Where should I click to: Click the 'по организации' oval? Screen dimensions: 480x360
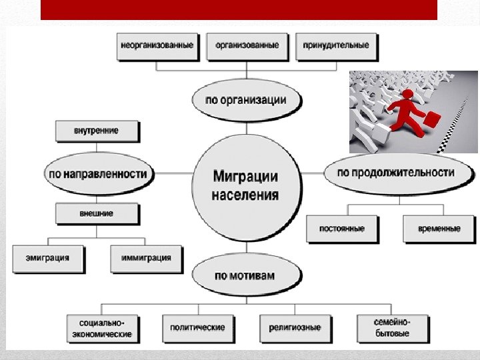[246, 101]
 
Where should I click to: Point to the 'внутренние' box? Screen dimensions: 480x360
[97, 131]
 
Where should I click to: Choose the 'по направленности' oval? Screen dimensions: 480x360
[97, 173]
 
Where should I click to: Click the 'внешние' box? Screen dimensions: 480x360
[97, 214]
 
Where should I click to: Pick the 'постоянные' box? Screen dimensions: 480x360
[342, 228]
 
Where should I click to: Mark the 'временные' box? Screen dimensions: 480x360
[439, 228]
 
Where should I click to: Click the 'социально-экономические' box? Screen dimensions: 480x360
[102, 327]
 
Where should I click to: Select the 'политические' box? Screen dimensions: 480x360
[197, 327]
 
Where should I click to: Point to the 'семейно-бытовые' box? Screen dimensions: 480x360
[392, 327]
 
